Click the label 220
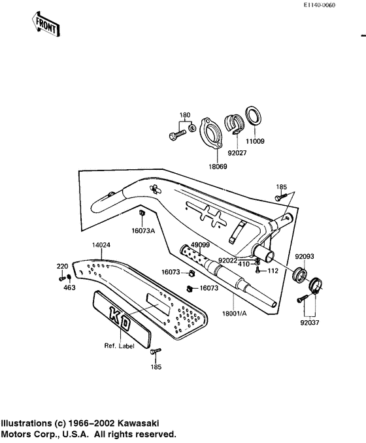point(62,267)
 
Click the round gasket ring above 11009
point(254,116)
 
